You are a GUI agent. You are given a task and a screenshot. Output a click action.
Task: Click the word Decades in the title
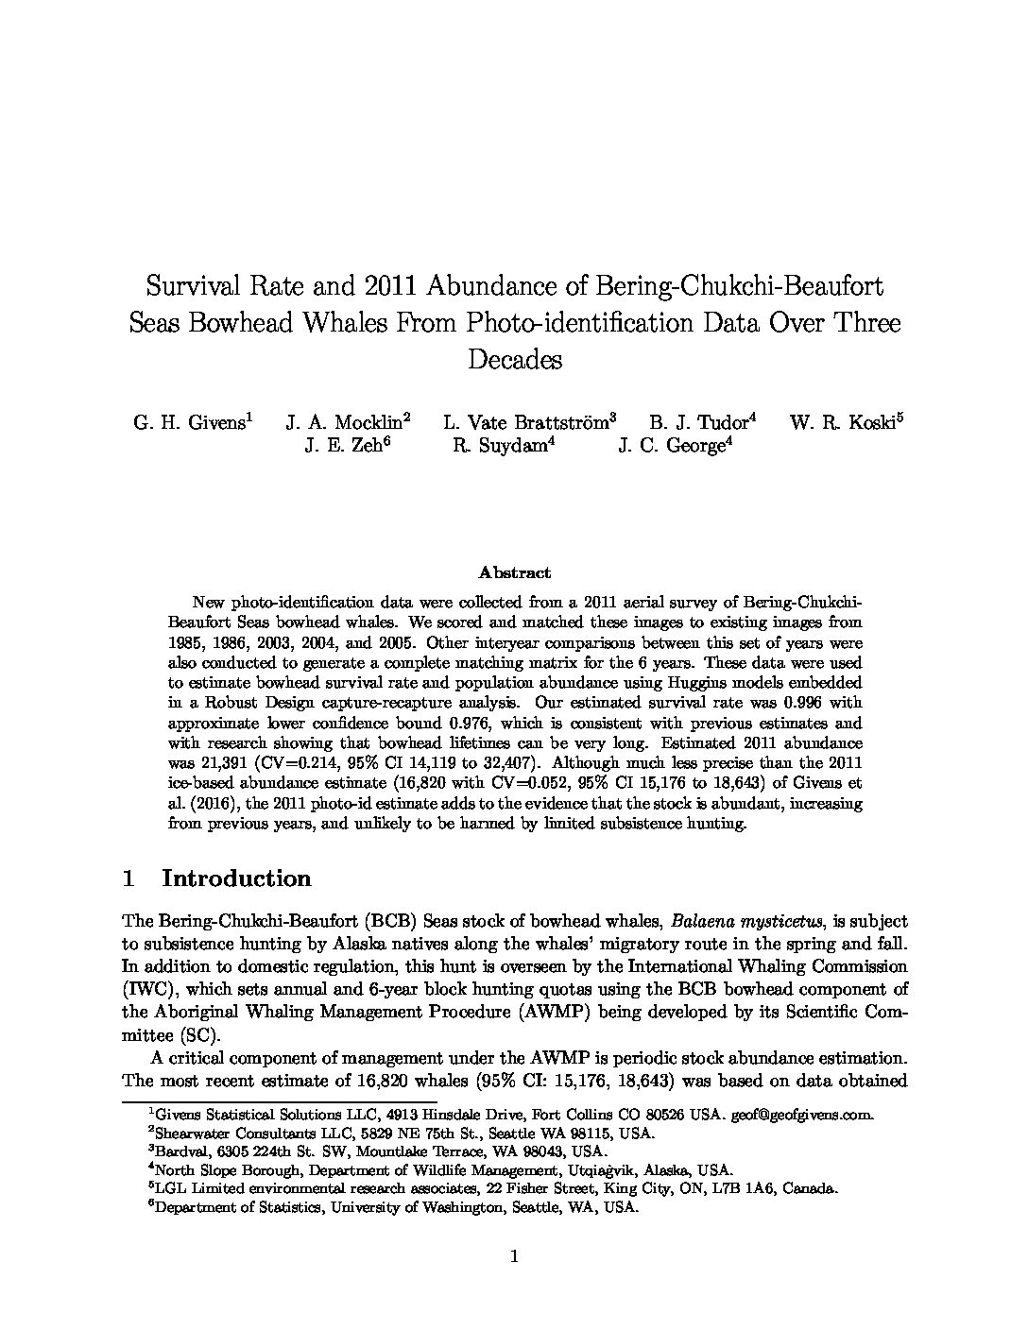514,360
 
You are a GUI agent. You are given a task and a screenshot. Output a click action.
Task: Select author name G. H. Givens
189,423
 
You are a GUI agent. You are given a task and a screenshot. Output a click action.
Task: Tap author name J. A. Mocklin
345,423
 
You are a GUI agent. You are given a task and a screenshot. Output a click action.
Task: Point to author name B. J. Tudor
699,423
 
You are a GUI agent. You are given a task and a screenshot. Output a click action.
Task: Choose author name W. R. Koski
844,423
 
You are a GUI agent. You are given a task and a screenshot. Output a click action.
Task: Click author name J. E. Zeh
345,447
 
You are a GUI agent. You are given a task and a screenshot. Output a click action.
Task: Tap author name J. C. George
673,447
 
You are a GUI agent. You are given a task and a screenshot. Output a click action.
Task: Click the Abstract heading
514,572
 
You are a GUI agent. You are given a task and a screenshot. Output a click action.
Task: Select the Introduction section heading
236,878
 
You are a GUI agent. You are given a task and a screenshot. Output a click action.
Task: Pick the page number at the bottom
514,1256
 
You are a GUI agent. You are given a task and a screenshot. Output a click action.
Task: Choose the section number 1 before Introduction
128,878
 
